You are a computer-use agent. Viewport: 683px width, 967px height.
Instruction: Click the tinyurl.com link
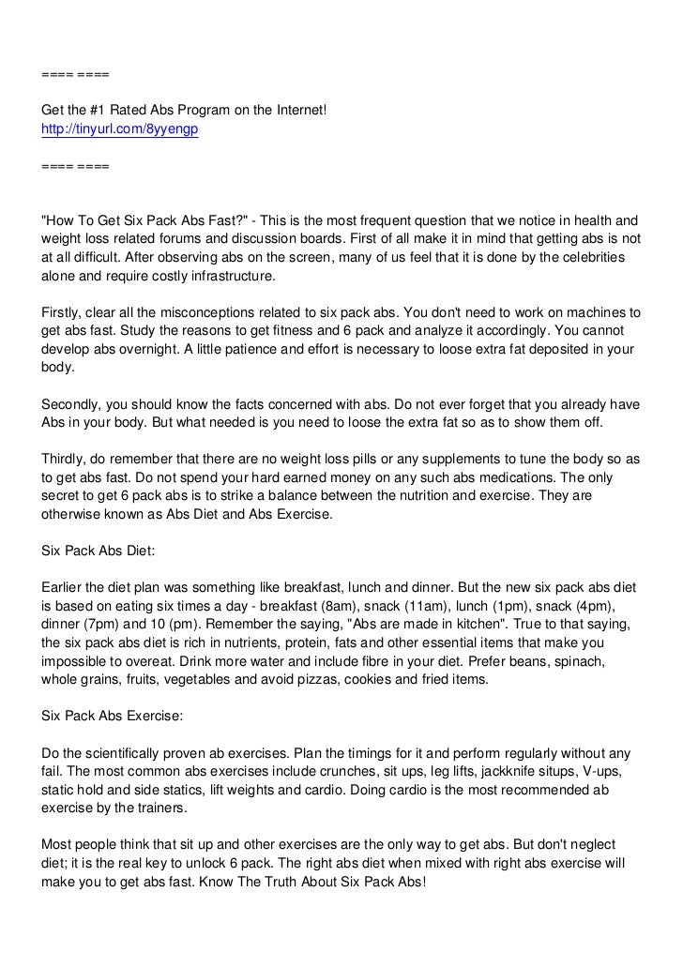pyautogui.click(x=119, y=129)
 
